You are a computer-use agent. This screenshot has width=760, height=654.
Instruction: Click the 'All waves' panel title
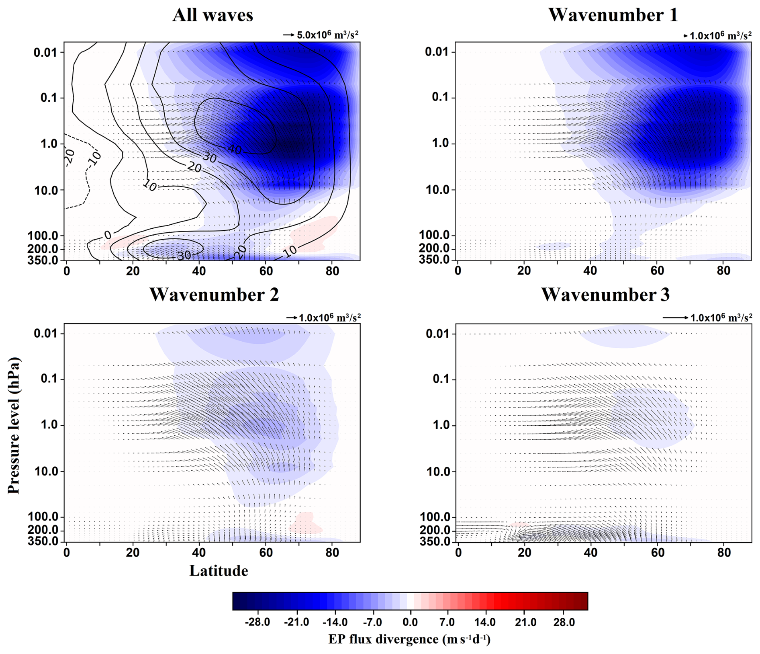click(212, 15)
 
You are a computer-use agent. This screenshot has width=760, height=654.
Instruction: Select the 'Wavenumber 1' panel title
click(613, 15)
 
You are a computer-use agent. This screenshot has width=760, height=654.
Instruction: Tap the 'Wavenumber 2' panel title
click(214, 295)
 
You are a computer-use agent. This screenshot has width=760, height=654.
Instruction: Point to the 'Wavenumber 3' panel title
click(605, 295)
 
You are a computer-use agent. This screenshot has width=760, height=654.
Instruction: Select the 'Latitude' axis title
click(219, 571)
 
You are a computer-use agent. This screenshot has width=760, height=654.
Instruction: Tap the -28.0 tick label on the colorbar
click(257, 622)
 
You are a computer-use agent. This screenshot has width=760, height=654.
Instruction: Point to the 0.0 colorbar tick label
click(410, 622)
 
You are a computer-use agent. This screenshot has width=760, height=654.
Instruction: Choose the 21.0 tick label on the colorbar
click(525, 622)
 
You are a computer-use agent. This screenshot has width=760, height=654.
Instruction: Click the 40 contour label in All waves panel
click(235, 150)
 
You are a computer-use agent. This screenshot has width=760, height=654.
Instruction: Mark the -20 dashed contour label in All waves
click(69, 158)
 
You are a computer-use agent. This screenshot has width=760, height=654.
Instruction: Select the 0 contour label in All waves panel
click(107, 235)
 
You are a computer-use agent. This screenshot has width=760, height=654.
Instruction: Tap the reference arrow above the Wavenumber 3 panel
click(675, 318)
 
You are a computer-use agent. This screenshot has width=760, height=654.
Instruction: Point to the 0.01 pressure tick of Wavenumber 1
click(439, 51)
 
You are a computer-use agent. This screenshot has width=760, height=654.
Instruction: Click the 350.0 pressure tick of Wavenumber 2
click(43, 541)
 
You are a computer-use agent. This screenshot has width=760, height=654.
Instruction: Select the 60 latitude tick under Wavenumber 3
click(658, 553)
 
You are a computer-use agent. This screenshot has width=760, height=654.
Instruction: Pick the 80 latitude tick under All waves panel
click(332, 271)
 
